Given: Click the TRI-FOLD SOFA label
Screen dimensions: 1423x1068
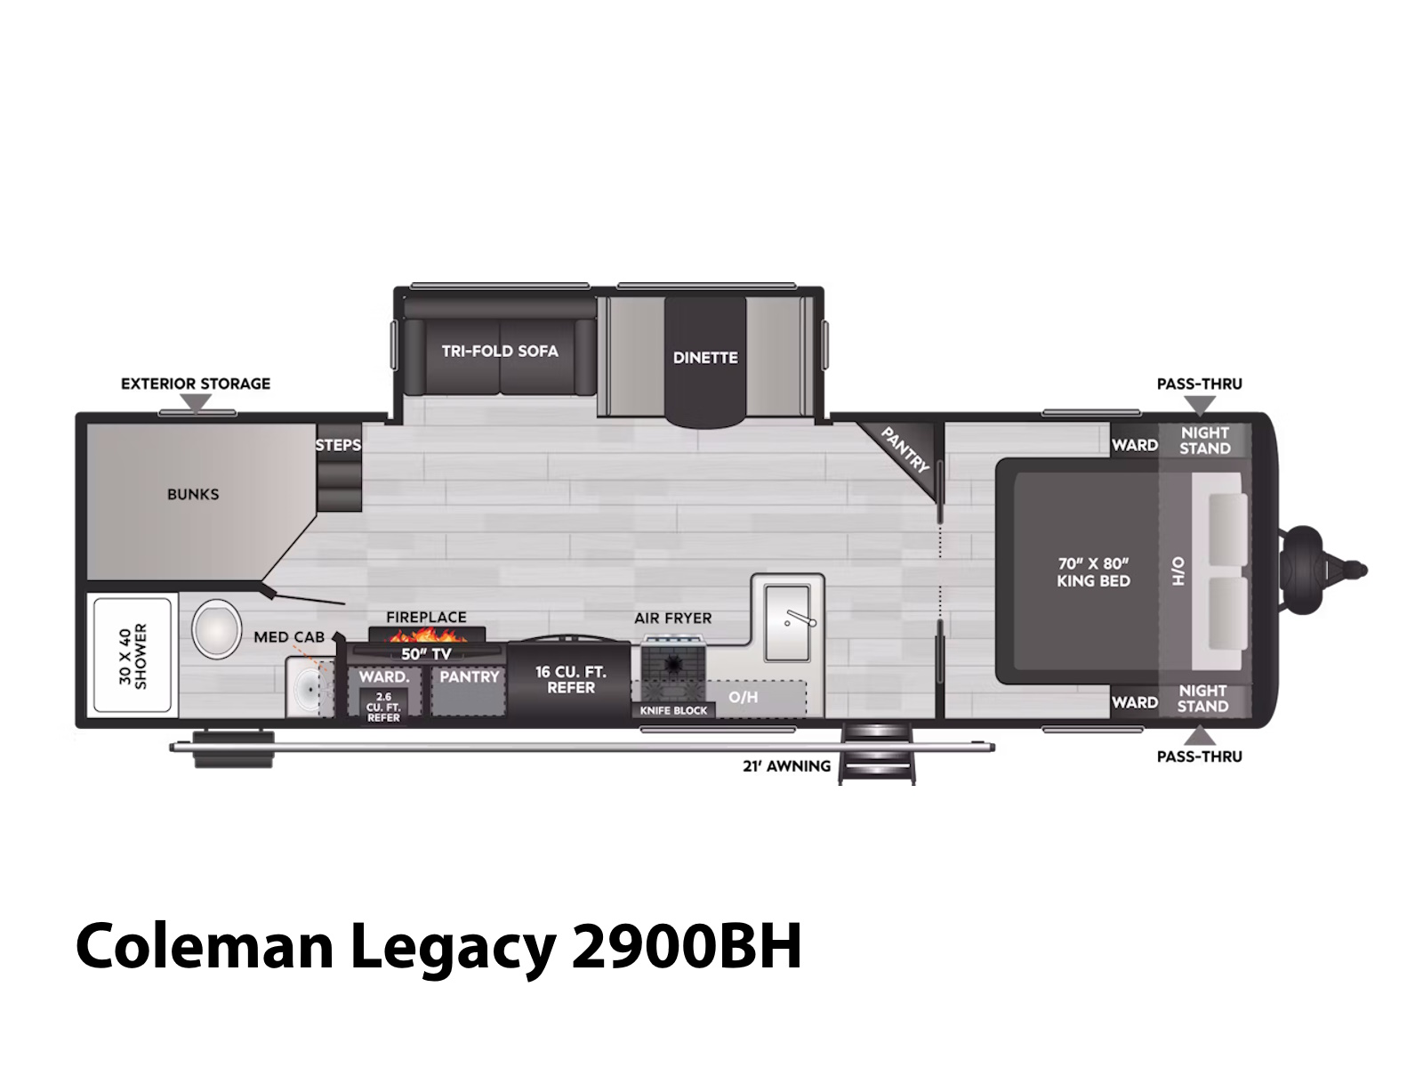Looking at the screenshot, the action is tap(500, 351).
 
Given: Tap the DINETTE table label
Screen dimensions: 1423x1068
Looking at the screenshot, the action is tap(705, 357).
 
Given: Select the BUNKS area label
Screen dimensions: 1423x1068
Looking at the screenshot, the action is tap(193, 494).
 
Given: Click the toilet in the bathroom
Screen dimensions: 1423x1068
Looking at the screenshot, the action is tap(216, 627).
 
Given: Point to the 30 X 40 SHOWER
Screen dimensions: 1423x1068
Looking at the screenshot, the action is tap(133, 656).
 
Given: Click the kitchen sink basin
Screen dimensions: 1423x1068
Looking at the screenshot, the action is tap(787, 622).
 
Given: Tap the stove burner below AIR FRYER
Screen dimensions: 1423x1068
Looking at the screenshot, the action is tap(671, 663).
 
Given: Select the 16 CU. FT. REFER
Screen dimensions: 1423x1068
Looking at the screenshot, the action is tap(568, 680).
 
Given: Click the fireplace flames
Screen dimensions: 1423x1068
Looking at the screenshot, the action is tap(427, 635).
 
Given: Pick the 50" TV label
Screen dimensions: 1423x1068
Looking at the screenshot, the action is tap(426, 653).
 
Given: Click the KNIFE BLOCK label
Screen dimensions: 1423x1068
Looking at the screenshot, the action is tap(673, 710).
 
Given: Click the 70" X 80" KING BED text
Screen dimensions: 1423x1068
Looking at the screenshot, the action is tap(1093, 572).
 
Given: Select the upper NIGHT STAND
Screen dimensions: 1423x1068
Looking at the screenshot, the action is tap(1204, 441).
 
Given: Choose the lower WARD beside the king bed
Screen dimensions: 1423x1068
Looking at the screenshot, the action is tap(1135, 702).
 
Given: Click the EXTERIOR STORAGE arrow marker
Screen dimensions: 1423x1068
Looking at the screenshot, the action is tap(196, 403).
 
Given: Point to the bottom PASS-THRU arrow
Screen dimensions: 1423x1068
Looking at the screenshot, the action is tap(1200, 735).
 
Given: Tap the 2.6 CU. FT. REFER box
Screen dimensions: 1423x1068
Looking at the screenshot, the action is tap(383, 706).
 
